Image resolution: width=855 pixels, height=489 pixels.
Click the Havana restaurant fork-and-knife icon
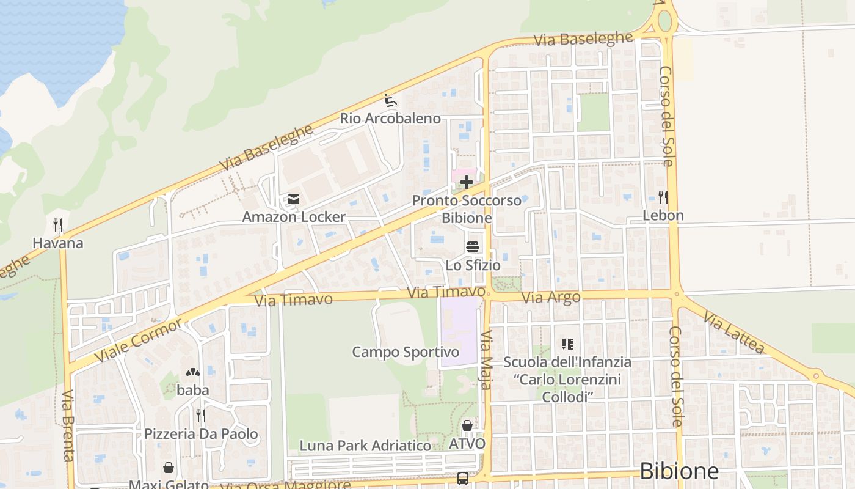[58, 225]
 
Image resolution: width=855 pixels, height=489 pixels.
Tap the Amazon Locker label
[294, 217]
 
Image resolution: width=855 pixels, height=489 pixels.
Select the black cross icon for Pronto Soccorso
[467, 182]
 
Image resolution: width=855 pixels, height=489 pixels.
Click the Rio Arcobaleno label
[390, 119]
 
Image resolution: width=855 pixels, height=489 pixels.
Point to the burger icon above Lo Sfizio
[473, 247]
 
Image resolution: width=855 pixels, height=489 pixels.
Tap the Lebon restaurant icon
[663, 197]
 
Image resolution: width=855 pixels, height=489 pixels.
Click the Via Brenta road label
[67, 425]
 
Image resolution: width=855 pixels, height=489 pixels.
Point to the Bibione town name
[679, 471]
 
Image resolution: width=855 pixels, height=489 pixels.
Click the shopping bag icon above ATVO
[467, 425]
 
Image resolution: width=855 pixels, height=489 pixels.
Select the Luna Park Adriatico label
[365, 446]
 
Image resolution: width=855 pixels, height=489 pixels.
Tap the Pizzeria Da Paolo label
[201, 435]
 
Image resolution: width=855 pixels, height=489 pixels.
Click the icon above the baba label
[193, 372]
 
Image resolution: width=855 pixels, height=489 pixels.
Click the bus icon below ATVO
[463, 478]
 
